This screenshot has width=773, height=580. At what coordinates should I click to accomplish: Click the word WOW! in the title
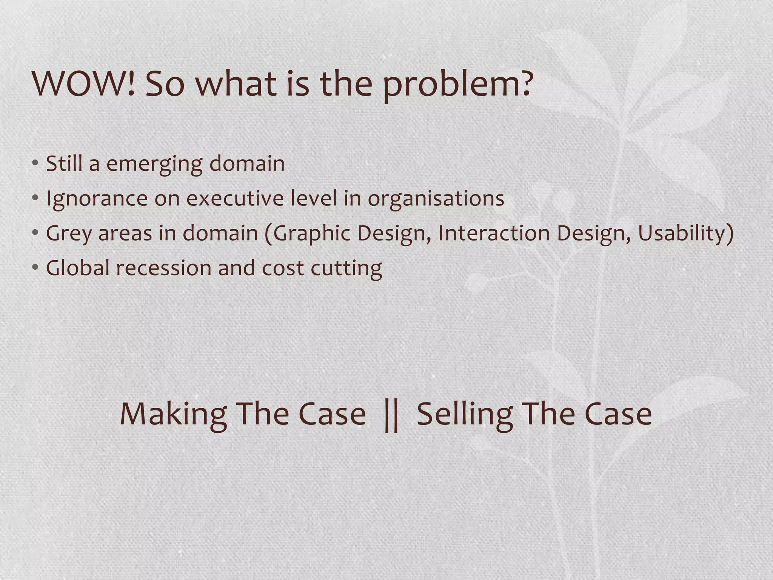coord(84,84)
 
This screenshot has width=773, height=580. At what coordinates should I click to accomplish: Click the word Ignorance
coord(97,199)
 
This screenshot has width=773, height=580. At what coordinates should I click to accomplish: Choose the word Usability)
coord(686,234)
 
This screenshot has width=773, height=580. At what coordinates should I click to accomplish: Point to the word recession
coord(164,268)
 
